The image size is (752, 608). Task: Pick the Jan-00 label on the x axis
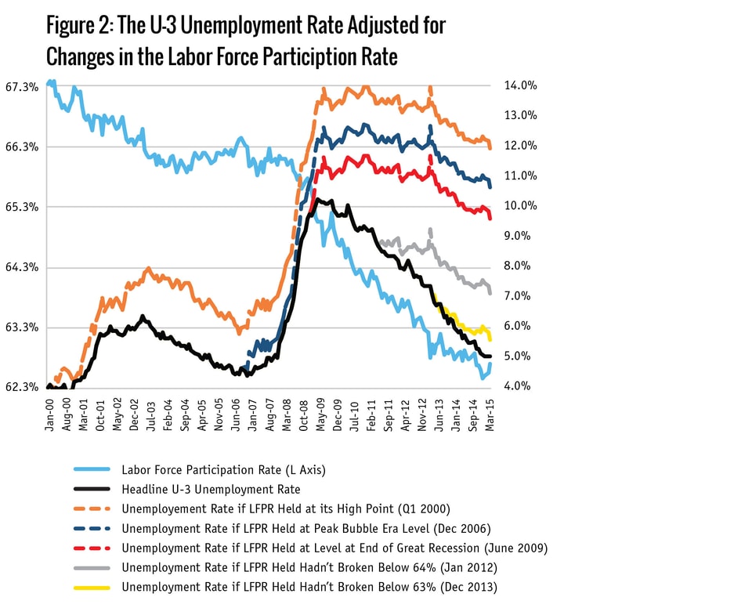[x=50, y=412]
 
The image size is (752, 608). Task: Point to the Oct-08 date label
[x=304, y=412]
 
